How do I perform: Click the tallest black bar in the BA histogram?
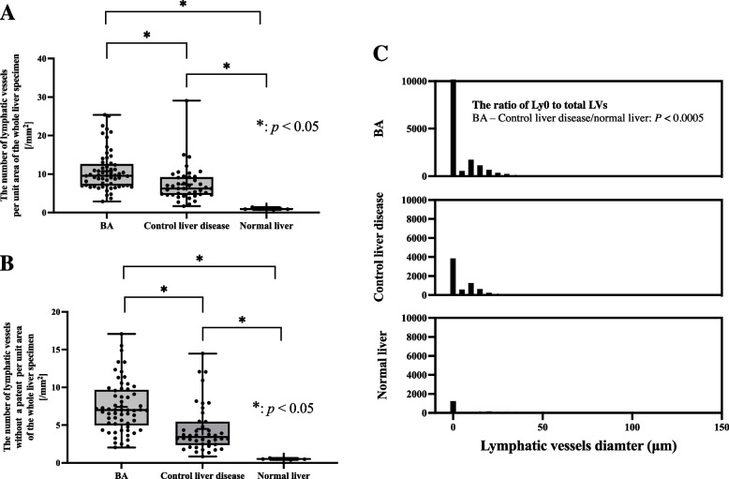pos(453,128)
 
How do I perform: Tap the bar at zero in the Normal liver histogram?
pos(453,407)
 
